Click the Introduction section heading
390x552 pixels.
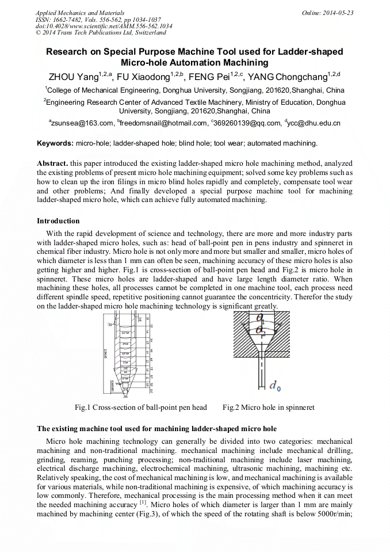pyautogui.click(x=58, y=220)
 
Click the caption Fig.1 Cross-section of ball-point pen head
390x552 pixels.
pyautogui.click(x=141, y=408)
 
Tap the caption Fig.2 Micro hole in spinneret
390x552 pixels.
pyautogui.click(x=268, y=408)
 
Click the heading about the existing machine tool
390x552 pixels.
pyautogui.click(x=156, y=429)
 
